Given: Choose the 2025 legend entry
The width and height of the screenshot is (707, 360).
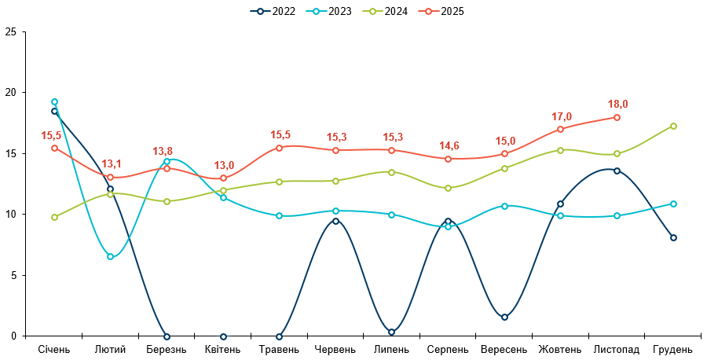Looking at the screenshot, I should pos(441,11).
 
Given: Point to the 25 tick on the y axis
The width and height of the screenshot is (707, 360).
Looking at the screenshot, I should pos(10,31).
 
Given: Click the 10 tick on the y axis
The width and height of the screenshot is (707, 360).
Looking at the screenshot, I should pos(10,215).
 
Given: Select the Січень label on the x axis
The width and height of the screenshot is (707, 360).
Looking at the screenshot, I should pos(54,349).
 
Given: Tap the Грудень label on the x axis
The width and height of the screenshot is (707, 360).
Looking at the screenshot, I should pos(673,349).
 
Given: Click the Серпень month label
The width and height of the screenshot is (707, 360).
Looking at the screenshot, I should pos(448,349).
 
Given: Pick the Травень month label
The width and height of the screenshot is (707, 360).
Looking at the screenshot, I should pos(279,349).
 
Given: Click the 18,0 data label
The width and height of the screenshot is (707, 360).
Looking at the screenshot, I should pos(618,104).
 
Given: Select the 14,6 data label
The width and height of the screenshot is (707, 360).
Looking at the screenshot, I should pos(449,145).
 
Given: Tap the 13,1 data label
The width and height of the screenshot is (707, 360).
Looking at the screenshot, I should pos(112,163).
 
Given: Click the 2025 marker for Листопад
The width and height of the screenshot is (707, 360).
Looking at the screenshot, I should pos(617,117).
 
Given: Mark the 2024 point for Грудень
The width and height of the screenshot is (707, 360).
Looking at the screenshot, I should pos(673,126).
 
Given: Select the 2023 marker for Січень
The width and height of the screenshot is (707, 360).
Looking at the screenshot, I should pos(54,101).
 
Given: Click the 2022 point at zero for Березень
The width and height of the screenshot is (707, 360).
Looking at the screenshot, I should pos(167,336).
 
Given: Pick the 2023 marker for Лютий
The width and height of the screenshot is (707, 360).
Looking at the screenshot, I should pos(111,257).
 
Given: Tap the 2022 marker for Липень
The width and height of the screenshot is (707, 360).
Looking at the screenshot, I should pos(391,332).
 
